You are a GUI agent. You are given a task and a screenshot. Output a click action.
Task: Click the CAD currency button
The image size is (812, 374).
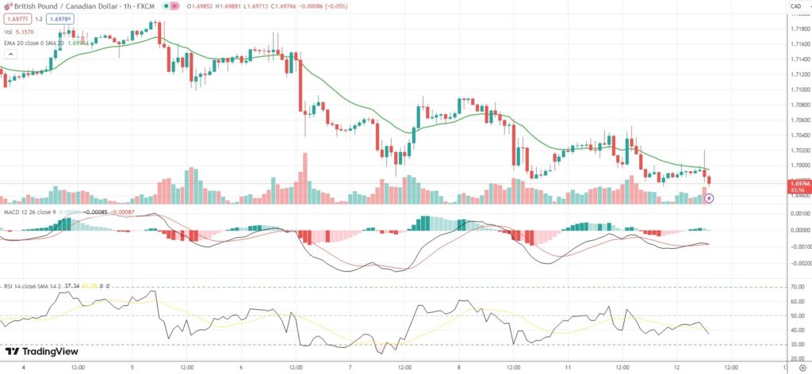[x=795, y=7]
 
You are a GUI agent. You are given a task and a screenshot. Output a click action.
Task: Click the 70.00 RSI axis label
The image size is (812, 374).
[x=797, y=286]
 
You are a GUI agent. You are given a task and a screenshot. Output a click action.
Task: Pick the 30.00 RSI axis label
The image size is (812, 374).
[x=797, y=345]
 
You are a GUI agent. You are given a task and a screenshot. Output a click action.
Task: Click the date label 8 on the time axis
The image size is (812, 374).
[x=459, y=367]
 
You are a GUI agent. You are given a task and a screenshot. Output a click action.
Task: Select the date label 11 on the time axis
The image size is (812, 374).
[x=568, y=367]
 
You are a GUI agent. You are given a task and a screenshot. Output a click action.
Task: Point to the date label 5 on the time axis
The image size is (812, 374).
[x=132, y=367]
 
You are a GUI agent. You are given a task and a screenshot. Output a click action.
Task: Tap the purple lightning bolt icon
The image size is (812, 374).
[x=710, y=198]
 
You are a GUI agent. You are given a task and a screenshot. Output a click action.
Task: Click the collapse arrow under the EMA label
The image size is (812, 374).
[x=10, y=54]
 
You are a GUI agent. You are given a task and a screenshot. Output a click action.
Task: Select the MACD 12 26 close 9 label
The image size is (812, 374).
[x=27, y=212]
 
